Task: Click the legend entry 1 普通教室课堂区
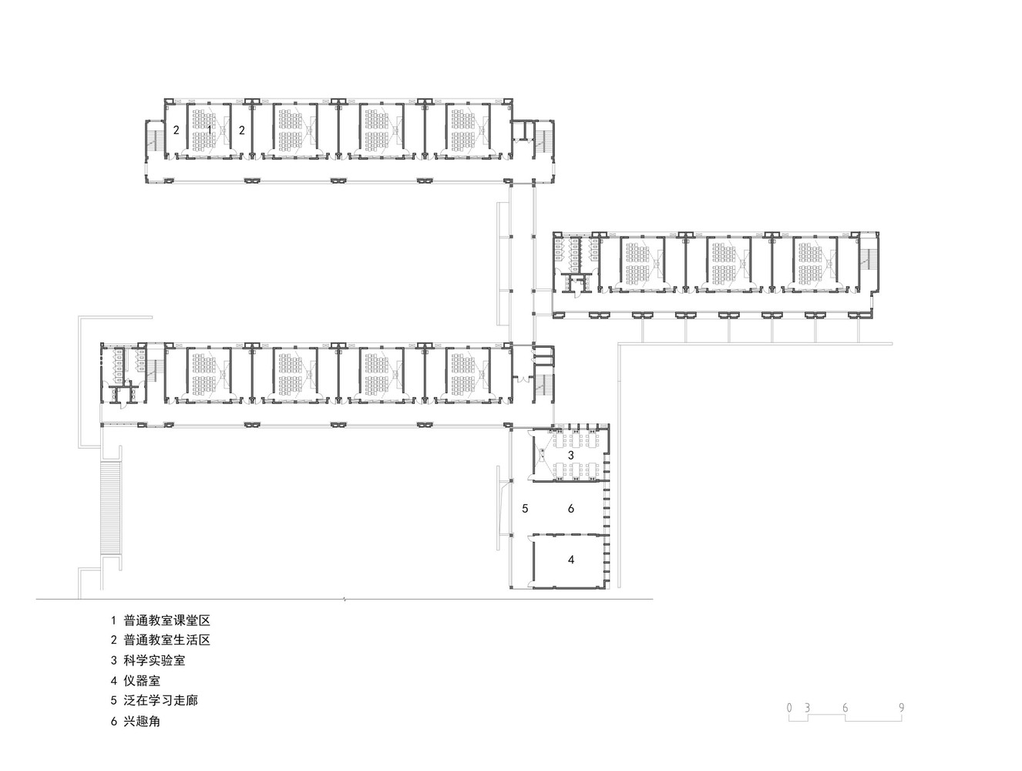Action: click(160, 620)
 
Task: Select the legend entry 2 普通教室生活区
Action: click(160, 640)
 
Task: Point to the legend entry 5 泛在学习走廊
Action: click(154, 701)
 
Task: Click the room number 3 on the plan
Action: click(571, 456)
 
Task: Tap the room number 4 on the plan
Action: click(571, 560)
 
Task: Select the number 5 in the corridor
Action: click(525, 509)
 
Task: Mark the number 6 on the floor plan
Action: click(571, 509)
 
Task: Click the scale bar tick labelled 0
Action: click(789, 708)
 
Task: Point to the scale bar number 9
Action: click(901, 708)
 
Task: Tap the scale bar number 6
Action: click(846, 708)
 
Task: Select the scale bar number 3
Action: click(807, 708)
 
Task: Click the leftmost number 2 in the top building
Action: click(176, 130)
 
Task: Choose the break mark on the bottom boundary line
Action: click(344, 599)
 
